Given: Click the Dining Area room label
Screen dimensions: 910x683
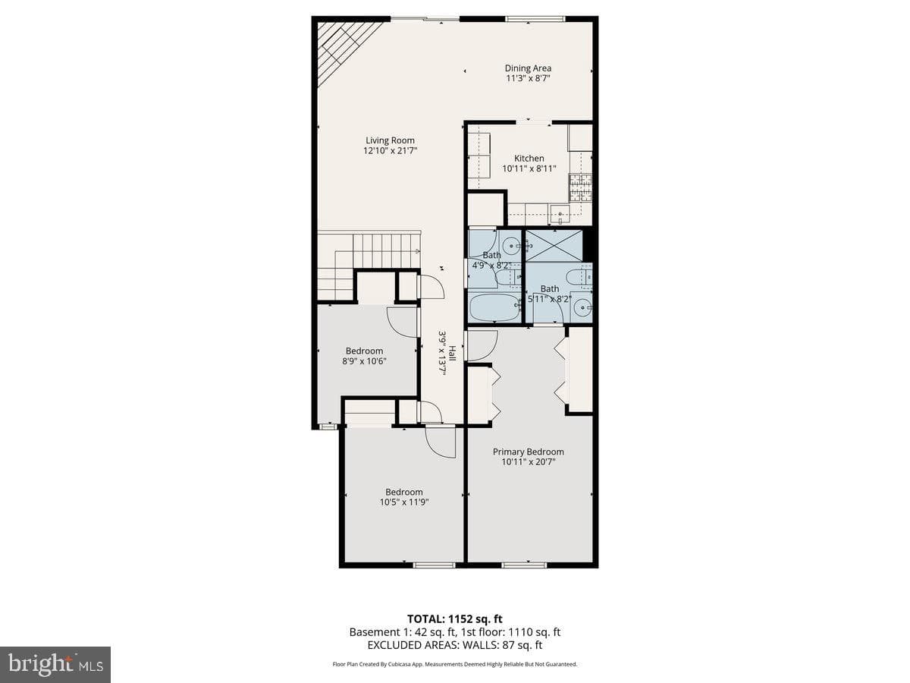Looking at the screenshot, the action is click(528, 68).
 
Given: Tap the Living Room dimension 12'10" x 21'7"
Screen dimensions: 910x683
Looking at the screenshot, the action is click(390, 150).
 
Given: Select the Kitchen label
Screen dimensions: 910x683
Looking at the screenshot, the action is click(529, 158).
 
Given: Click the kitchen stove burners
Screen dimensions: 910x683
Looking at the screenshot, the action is click(580, 187).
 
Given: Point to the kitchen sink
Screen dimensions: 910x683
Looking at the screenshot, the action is click(560, 215).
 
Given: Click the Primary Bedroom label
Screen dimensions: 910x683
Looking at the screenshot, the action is click(528, 452).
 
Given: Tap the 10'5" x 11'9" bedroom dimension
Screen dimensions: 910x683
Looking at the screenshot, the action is click(404, 502).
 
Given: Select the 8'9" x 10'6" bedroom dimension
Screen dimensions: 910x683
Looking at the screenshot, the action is click(365, 360).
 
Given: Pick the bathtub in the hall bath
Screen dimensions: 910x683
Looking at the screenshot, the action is click(494, 307).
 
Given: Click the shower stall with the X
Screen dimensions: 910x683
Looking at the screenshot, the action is click(554, 245).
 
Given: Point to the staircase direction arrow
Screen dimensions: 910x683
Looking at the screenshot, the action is click(416, 250).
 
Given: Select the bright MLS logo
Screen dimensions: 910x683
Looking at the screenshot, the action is click(55, 665).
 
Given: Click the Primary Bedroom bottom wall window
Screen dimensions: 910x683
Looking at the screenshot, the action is click(525, 565).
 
